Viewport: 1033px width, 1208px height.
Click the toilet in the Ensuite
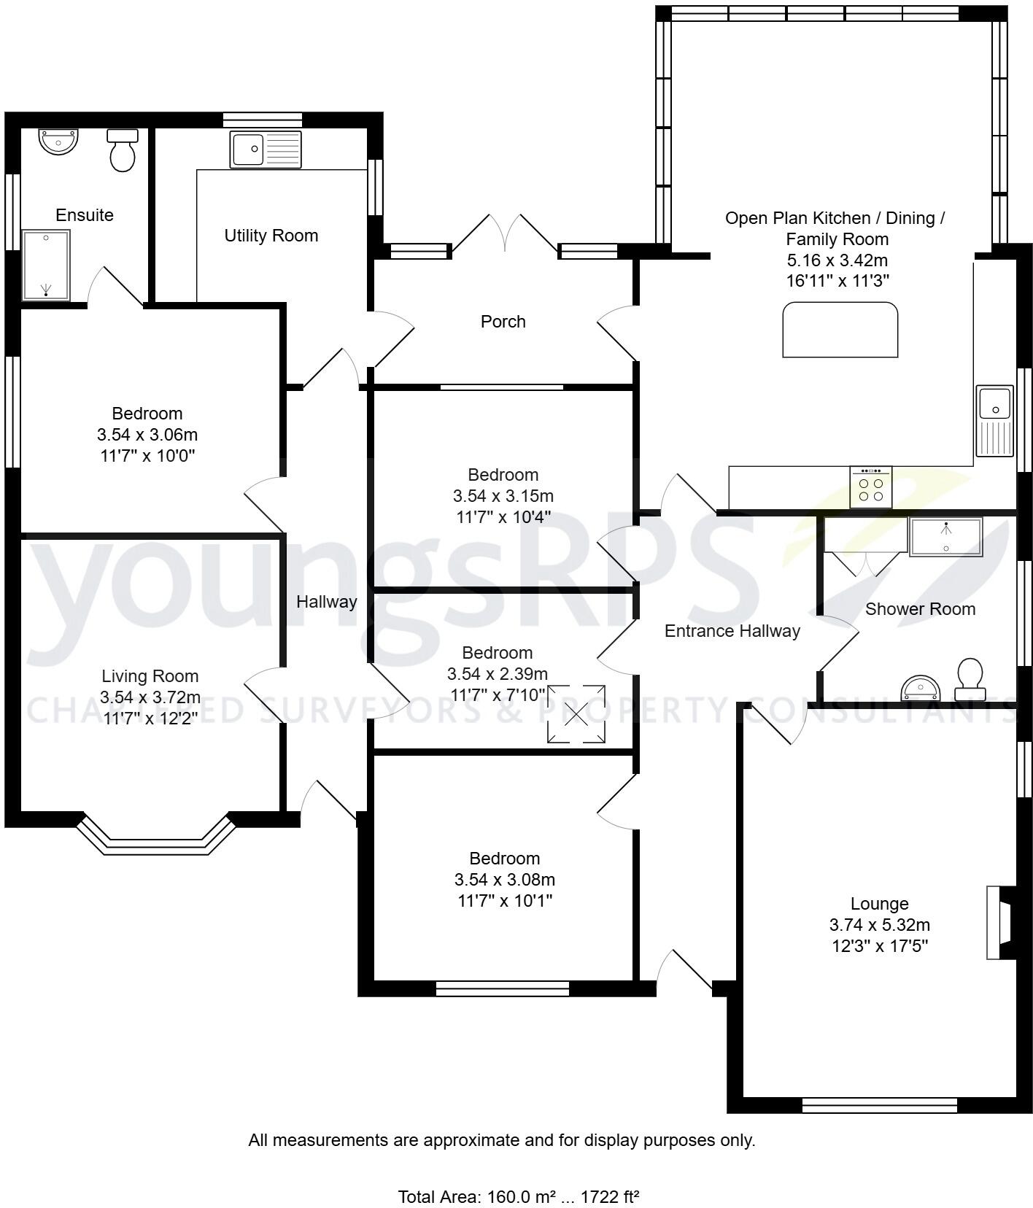pyautogui.click(x=123, y=151)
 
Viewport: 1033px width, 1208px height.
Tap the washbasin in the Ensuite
pyautogui.click(x=58, y=141)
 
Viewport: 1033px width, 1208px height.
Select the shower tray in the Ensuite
pyautogui.click(x=46, y=265)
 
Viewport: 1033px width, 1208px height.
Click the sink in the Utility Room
pyautogui.click(x=265, y=150)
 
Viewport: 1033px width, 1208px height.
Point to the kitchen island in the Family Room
pyautogui.click(x=840, y=330)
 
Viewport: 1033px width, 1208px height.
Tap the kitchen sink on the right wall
pyautogui.click(x=994, y=420)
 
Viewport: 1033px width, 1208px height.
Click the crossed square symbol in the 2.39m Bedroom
pyautogui.click(x=576, y=714)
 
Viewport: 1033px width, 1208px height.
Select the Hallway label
pyautogui.click(x=326, y=602)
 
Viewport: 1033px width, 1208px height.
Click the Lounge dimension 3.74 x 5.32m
pyautogui.click(x=879, y=925)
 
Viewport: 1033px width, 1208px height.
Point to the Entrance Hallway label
pyautogui.click(x=732, y=631)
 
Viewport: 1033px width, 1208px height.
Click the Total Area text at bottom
pyautogui.click(x=518, y=1196)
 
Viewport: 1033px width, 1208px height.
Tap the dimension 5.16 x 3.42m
pyautogui.click(x=837, y=260)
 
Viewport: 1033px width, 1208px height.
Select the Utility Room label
pyautogui.click(x=271, y=236)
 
